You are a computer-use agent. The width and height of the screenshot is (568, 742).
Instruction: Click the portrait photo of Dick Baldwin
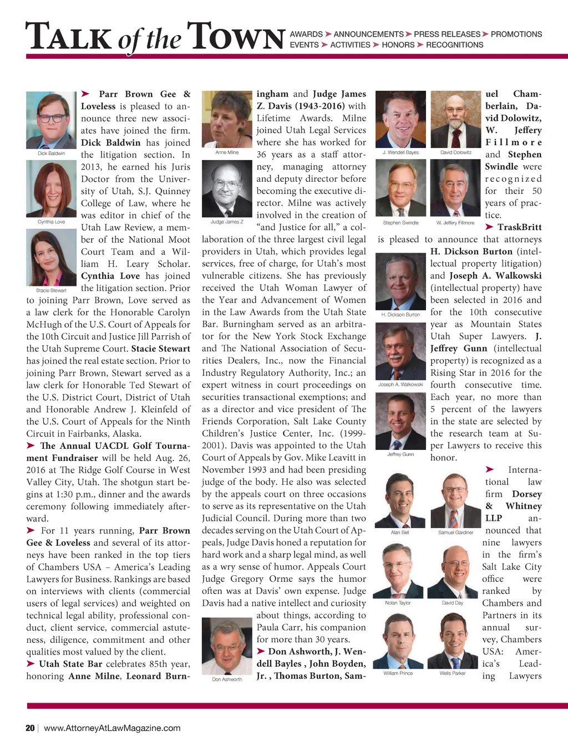[51, 120]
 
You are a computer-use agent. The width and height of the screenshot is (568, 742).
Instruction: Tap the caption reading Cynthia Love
[51, 222]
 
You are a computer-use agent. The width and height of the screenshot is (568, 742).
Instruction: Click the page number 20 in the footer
[30, 728]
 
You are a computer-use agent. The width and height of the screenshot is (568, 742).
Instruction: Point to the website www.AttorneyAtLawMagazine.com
[112, 728]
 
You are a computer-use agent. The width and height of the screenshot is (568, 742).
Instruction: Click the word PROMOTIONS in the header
[516, 34]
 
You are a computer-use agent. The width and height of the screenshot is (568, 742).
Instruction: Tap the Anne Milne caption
[227, 152]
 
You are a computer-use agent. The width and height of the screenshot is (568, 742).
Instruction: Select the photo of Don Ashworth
[227, 646]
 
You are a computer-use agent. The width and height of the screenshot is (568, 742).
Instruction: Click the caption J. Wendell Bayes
[400, 152]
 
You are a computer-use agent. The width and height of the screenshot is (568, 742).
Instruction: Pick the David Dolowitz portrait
[455, 119]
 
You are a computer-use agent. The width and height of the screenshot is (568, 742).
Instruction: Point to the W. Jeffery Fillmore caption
[455, 223]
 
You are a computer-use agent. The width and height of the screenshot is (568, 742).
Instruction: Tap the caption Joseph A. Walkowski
[400, 384]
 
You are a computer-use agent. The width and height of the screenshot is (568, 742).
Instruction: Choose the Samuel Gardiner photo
[455, 500]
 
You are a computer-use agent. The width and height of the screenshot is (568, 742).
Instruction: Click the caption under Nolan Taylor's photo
[398, 603]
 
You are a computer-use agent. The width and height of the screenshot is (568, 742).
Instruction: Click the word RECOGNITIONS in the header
[454, 45]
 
